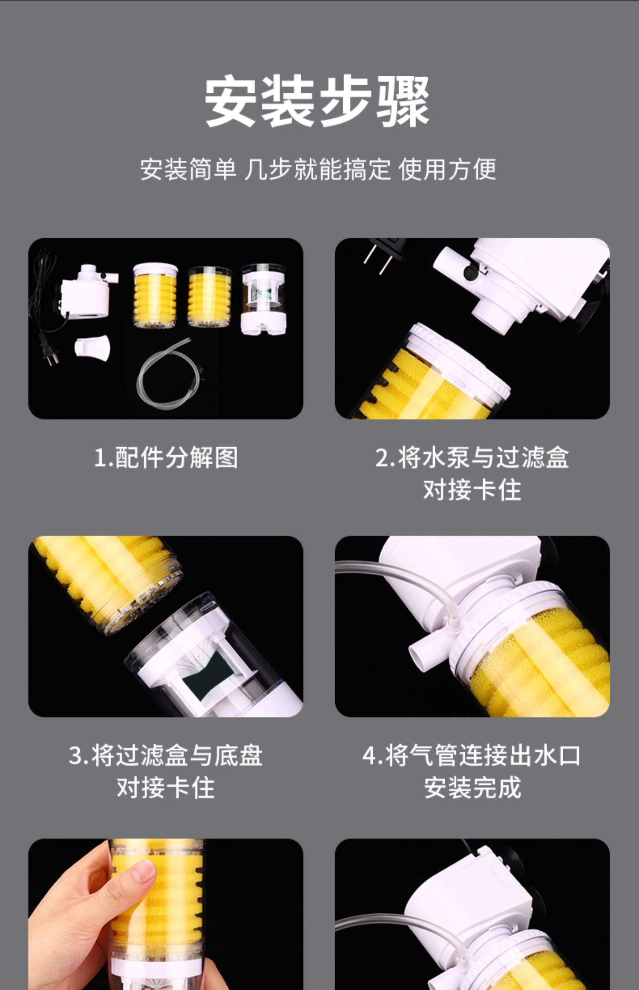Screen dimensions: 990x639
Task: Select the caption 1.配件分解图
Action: pos(166,457)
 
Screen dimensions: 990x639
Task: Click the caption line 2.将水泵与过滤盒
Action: pos(472,457)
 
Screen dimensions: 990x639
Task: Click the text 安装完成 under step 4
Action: pos(472,787)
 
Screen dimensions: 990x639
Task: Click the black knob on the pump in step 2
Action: pos(471,273)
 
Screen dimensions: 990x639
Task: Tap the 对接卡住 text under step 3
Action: pos(166,787)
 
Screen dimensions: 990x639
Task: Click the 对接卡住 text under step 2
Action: pos(472,489)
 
